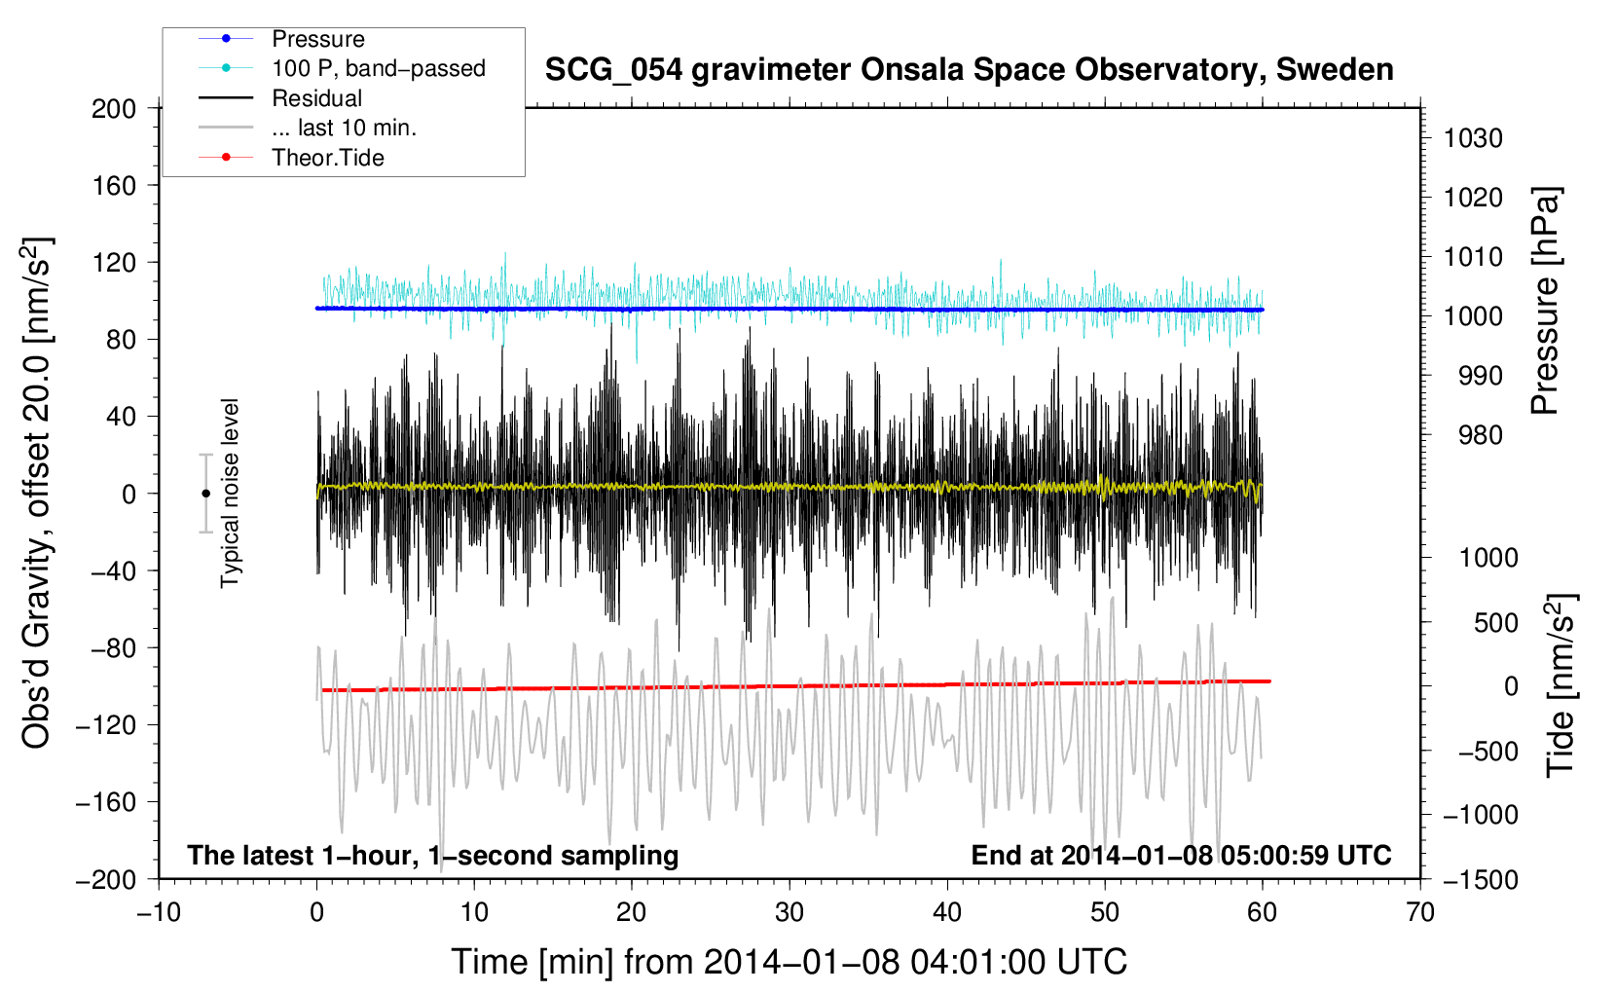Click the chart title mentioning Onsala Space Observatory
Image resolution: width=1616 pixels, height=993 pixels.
tap(969, 70)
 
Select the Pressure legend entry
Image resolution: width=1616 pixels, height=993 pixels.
tap(317, 39)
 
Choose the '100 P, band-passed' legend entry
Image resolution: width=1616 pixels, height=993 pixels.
tap(378, 68)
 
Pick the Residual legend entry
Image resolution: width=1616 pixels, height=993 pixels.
tap(316, 98)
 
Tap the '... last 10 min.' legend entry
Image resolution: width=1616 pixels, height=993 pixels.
tap(344, 128)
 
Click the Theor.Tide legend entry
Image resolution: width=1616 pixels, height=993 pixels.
tap(327, 158)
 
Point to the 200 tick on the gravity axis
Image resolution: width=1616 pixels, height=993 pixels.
tap(114, 108)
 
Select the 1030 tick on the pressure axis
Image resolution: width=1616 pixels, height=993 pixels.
tap(1473, 138)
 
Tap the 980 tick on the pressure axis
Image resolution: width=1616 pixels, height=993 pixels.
tap(1473, 435)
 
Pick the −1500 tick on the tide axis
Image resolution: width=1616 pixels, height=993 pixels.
tap(1480, 879)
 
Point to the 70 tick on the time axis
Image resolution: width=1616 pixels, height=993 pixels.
tap(1420, 912)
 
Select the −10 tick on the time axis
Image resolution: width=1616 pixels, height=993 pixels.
tap(159, 912)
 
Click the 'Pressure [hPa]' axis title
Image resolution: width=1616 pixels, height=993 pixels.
tap(1545, 302)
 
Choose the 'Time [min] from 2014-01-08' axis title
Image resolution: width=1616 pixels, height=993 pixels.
tap(789, 962)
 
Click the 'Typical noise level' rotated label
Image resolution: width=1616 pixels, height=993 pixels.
tap(230, 493)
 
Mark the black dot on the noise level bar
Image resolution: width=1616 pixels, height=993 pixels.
tap(205, 494)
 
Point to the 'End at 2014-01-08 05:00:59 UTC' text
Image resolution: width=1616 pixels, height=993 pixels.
tap(1181, 855)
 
